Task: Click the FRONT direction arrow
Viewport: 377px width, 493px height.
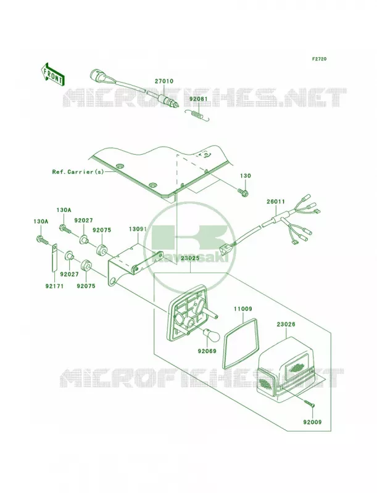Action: coord(52,73)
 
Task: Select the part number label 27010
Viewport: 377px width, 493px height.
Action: coord(164,81)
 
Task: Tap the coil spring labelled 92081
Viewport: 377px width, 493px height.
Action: coord(197,115)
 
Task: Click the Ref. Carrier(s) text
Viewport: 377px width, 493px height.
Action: coord(78,172)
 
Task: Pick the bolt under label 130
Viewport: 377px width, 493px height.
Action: coord(243,191)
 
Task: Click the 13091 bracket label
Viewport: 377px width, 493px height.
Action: coord(138,229)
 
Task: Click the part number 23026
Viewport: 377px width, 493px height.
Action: coord(286,324)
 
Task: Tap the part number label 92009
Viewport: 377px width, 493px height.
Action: coord(312,422)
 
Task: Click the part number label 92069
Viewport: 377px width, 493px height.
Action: coord(207,351)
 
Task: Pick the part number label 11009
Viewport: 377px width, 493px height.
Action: coord(242,309)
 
